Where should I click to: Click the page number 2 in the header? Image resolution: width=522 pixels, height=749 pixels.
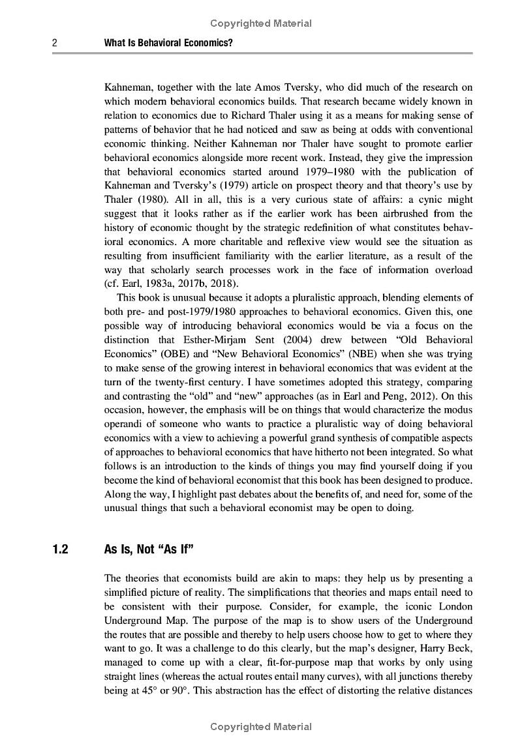tap(55, 44)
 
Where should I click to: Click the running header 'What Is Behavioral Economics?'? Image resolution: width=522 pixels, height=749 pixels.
tap(169, 44)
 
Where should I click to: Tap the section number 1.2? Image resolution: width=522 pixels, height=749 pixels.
tap(60, 550)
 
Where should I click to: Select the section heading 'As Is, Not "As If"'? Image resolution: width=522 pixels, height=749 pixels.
tap(149, 550)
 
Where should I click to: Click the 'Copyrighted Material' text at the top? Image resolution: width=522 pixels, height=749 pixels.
tap(261, 23)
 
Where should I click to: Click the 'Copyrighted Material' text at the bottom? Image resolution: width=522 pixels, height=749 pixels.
tap(261, 727)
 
